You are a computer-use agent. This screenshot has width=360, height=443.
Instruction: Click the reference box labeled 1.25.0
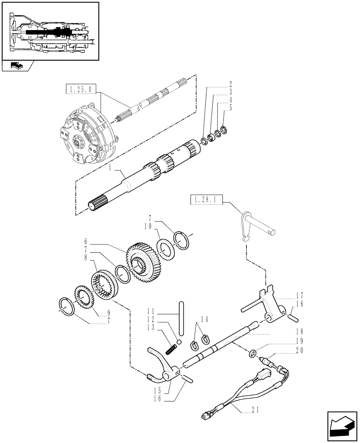80,90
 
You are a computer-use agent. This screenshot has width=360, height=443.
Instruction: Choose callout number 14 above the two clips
204,319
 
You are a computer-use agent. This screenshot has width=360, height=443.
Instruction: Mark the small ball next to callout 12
178,342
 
